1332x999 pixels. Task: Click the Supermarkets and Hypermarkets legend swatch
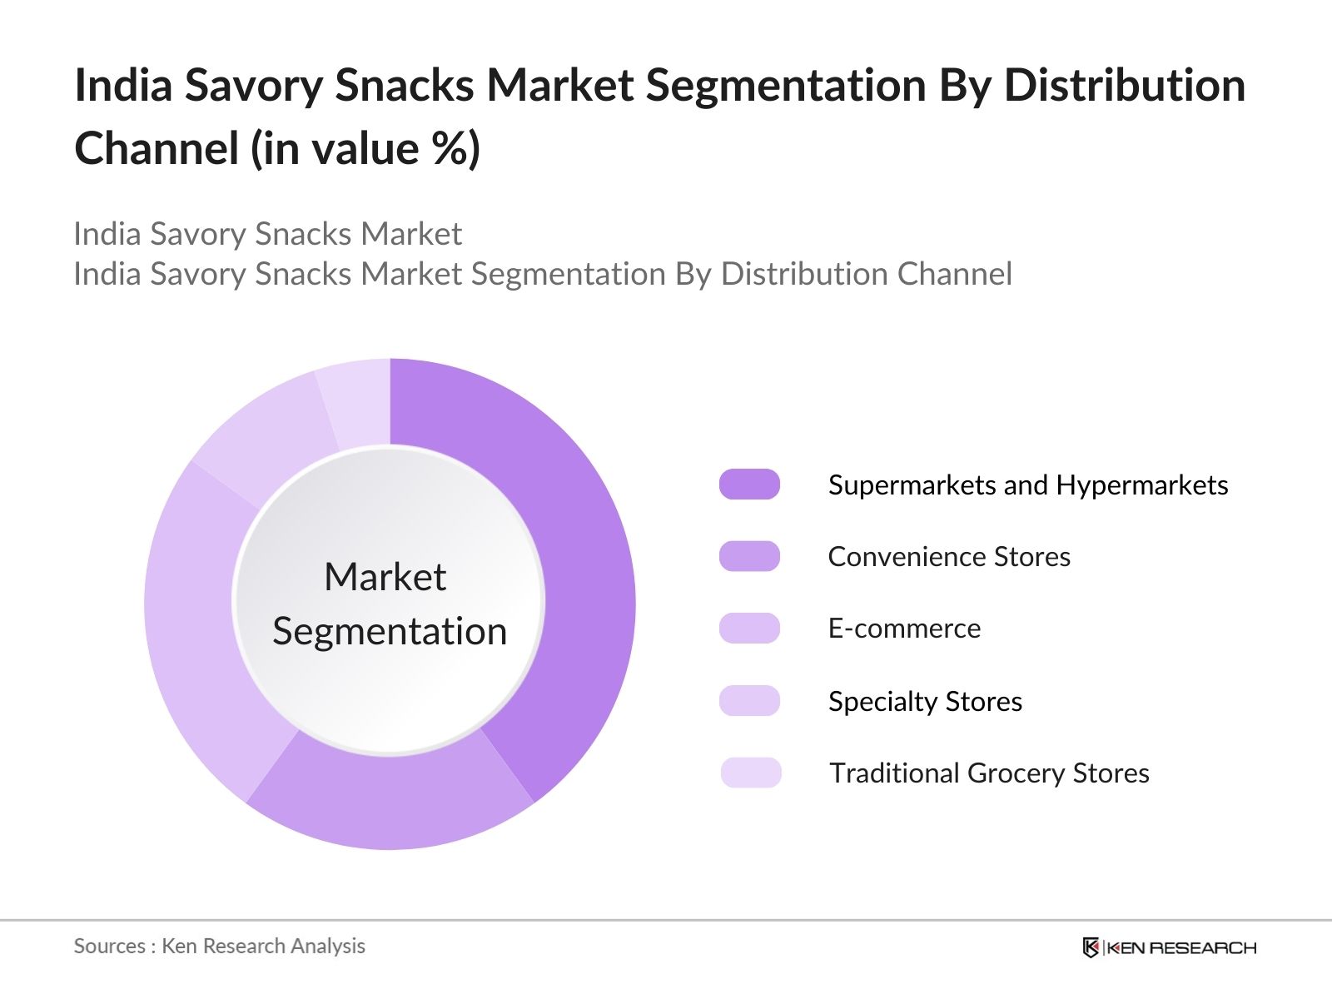point(749,485)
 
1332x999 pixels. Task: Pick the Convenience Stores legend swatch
point(749,556)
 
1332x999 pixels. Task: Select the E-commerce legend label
point(904,629)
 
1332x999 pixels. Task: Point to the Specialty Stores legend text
point(925,701)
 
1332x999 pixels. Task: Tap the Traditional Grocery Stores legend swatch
point(750,773)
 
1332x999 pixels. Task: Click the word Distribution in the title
point(1125,85)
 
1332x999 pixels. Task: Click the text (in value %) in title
point(365,149)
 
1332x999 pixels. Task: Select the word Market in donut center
point(385,577)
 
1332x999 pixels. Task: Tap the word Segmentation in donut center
point(390,631)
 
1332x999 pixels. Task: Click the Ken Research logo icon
point(1091,947)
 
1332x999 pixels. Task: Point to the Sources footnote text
point(219,946)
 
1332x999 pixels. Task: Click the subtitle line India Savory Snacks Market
point(267,234)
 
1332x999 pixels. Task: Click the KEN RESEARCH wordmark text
point(1181,947)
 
